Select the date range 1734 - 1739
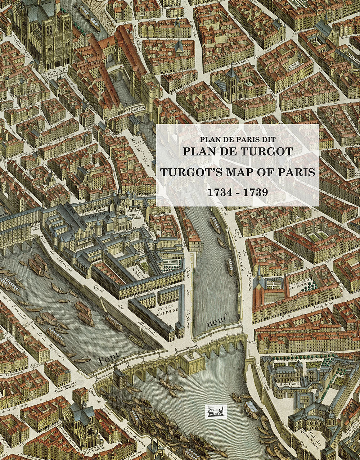[x=237, y=192]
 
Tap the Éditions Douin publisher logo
[x=216, y=411]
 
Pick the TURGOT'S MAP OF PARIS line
[x=237, y=172]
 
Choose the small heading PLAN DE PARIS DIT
[x=237, y=139]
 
